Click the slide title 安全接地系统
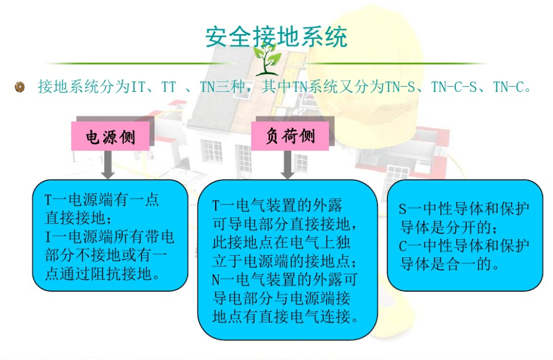276,37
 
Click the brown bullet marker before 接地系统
20,87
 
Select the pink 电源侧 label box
110,136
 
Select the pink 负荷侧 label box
290,136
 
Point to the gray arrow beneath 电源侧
107,164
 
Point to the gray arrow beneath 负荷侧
288,164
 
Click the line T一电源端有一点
102,200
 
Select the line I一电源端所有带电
109,237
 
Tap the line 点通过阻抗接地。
103,274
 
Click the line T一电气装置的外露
277,205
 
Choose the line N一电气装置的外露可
285,280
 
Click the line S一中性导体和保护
464,209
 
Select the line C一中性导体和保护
464,246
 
